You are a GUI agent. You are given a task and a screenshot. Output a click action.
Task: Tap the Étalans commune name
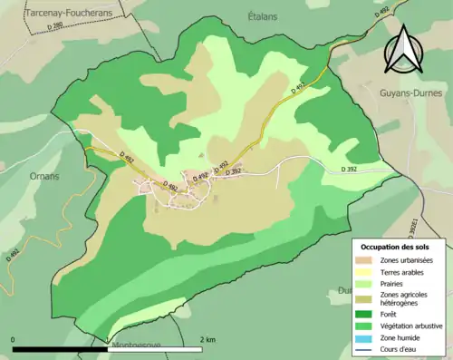tap(262, 15)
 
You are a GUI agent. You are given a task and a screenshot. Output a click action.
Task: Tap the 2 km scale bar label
tap(207, 339)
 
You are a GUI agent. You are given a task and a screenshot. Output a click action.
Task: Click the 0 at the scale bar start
tap(14, 339)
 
